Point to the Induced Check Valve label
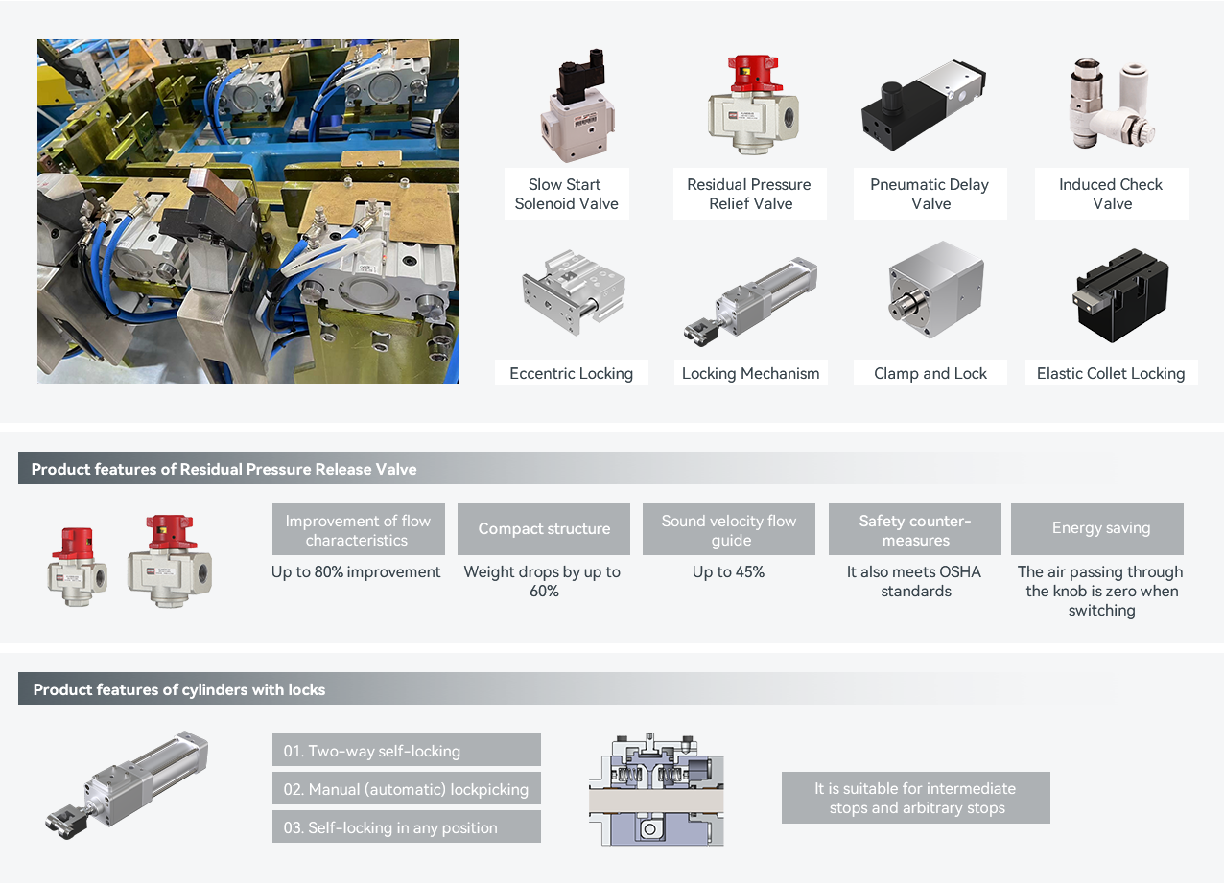(1111, 194)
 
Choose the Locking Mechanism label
(750, 373)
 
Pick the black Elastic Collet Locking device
(1111, 294)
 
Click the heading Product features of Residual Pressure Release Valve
(224, 469)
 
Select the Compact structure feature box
(544, 528)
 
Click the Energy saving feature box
(1100, 528)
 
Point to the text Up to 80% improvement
(356, 572)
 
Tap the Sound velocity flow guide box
(729, 529)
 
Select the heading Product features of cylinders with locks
(179, 689)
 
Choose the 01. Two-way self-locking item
(406, 751)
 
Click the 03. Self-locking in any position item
(406, 827)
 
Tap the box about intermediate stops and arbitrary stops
(915, 798)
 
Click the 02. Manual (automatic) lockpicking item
(406, 789)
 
